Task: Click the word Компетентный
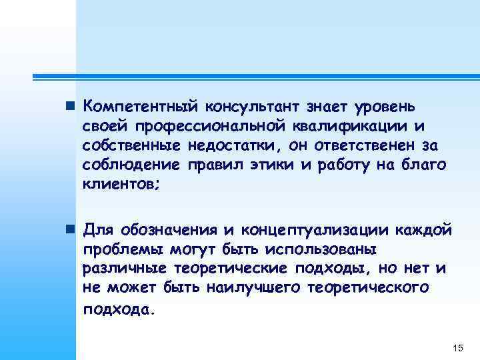point(141,106)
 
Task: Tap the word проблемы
point(117,249)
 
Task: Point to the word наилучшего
point(248,288)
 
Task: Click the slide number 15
point(457,348)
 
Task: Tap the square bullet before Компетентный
point(71,107)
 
